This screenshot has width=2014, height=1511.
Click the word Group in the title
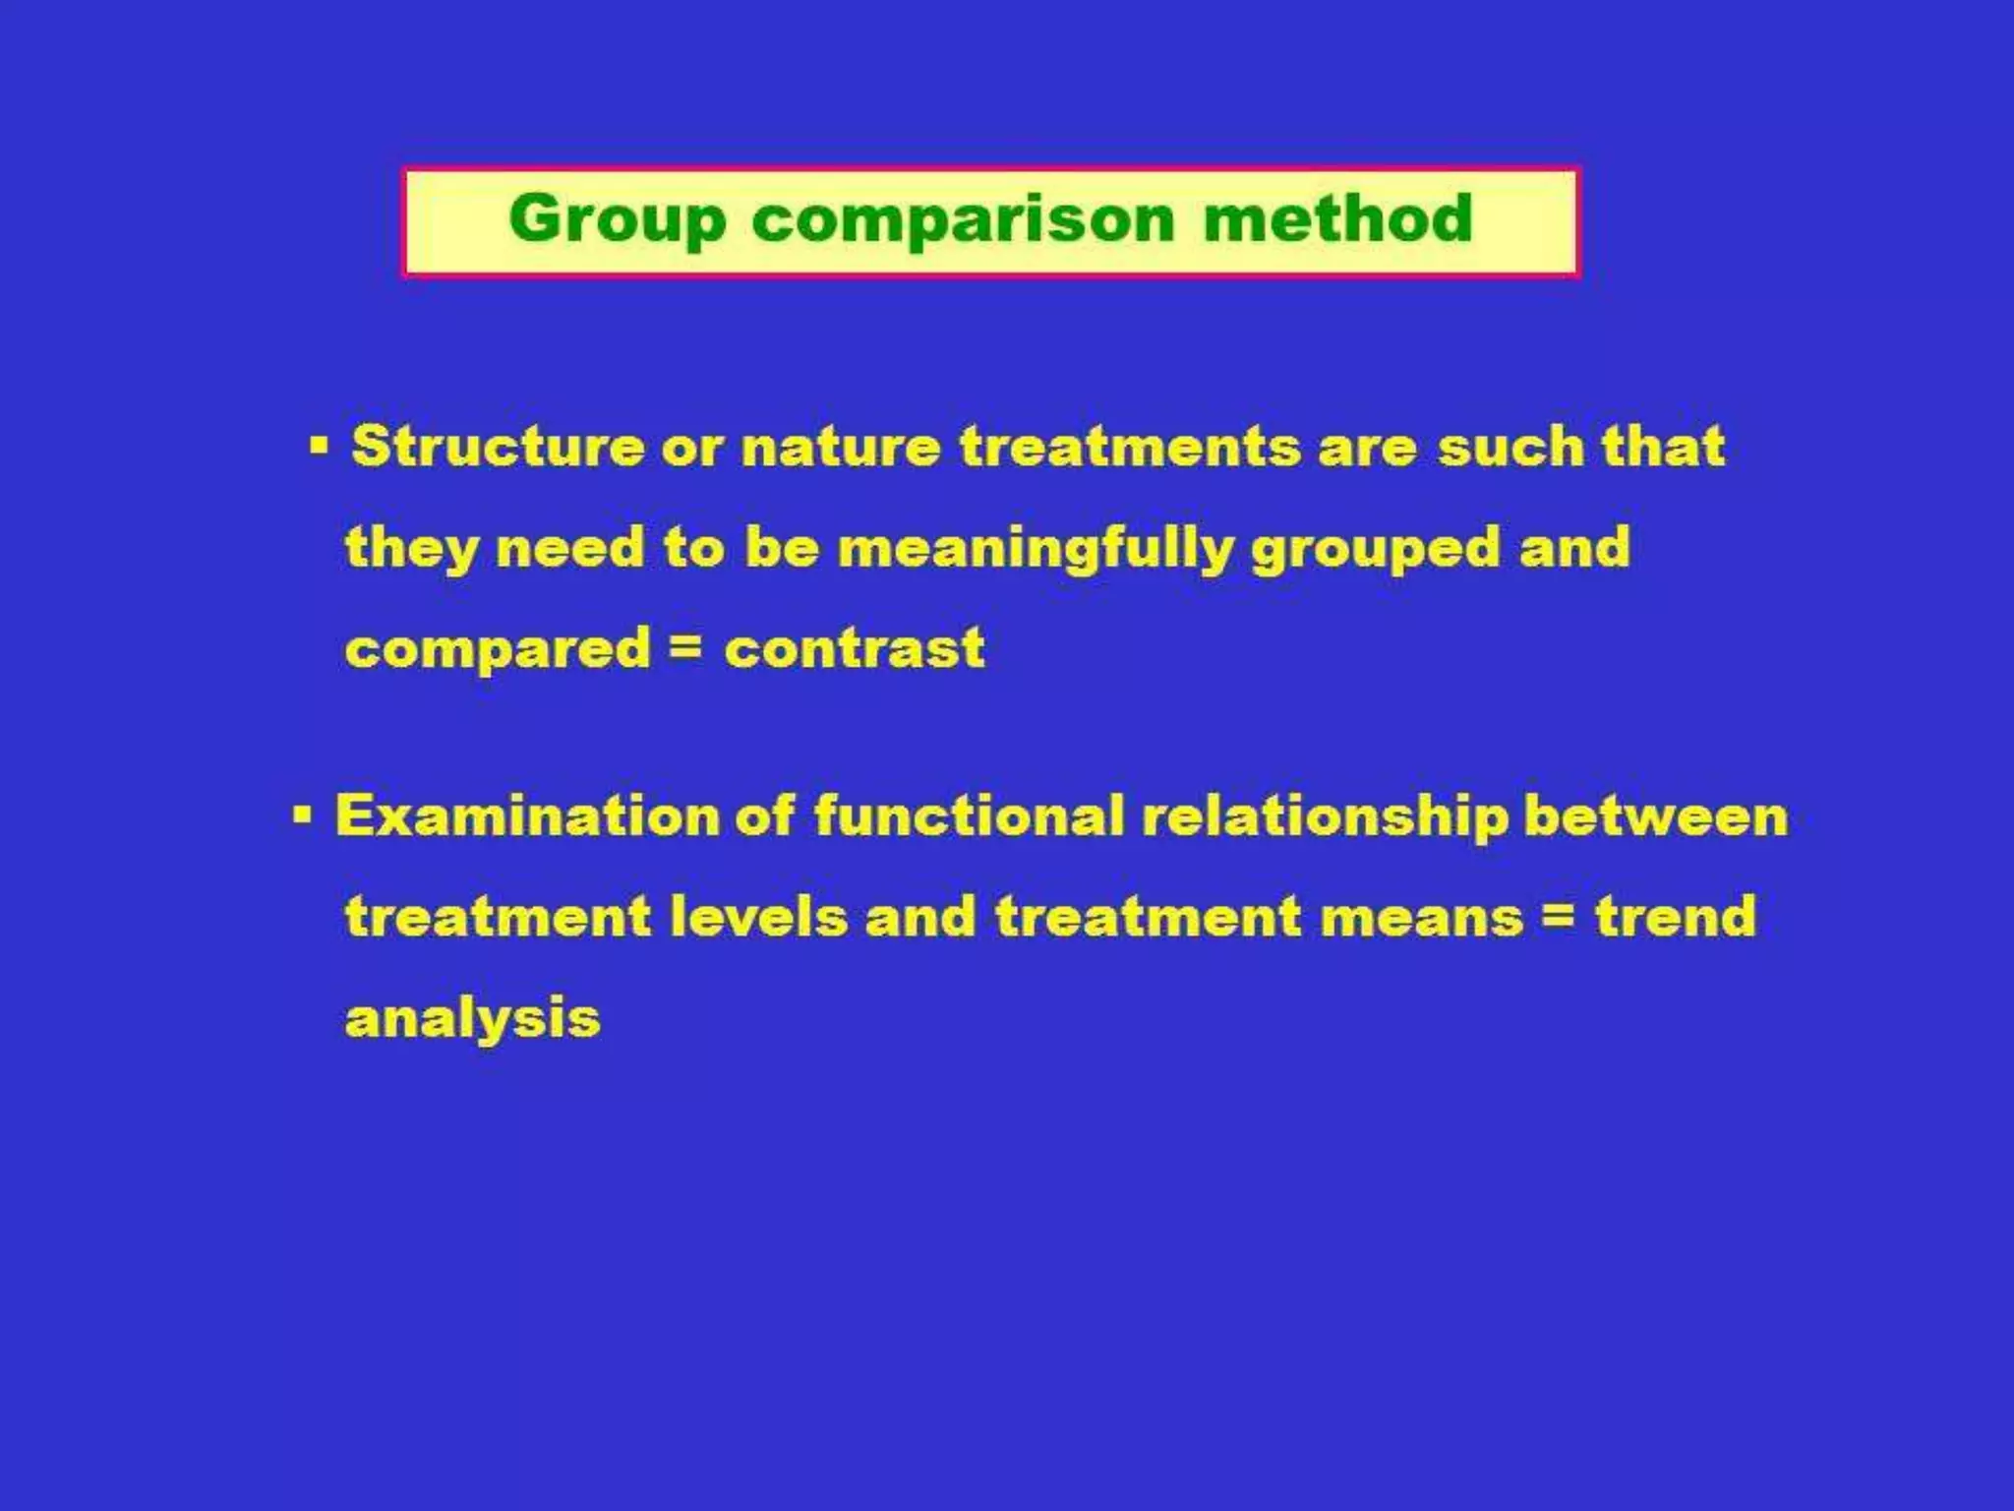click(x=617, y=220)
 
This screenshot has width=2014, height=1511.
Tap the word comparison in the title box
click(x=964, y=220)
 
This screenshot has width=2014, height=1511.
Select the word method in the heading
click(x=1337, y=218)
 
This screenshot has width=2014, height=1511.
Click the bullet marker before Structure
click(x=318, y=447)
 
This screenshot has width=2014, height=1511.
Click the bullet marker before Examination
click(x=302, y=816)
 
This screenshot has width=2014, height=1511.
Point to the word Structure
click(x=498, y=447)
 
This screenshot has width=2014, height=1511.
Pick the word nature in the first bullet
click(x=840, y=447)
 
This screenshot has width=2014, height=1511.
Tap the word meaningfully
click(x=1035, y=549)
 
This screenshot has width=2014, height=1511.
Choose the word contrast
click(x=854, y=648)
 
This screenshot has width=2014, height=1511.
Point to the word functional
click(x=969, y=816)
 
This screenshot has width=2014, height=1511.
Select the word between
click(x=1655, y=816)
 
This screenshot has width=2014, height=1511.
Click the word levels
click(x=758, y=917)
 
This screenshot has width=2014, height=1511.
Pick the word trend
click(x=1675, y=917)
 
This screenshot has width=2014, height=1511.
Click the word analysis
click(x=472, y=1019)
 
